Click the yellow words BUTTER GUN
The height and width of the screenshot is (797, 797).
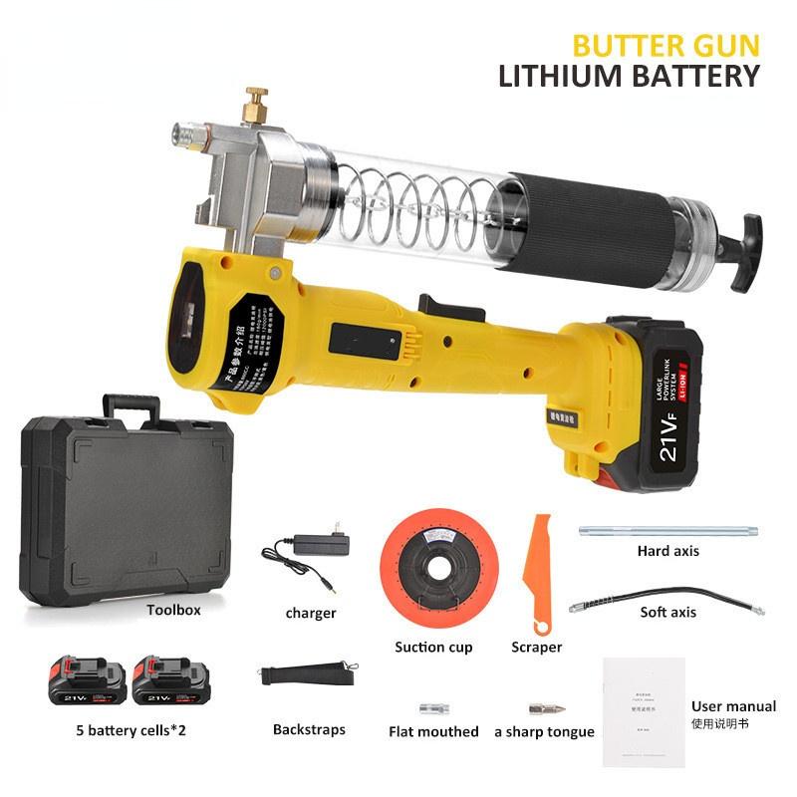point(665,45)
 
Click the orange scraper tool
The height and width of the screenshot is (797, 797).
point(539,573)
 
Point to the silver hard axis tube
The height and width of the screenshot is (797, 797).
point(668,532)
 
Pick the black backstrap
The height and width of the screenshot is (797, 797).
point(309,674)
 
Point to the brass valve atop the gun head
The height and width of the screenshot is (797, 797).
point(257,104)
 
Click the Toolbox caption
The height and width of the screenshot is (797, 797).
point(173,610)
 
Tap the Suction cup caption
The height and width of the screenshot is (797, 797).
point(433,647)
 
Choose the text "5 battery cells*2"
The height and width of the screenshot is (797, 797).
point(130,730)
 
